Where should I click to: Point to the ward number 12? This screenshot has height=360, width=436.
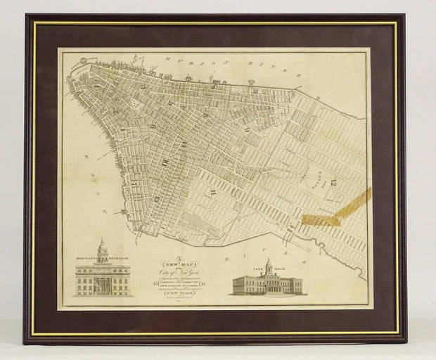[333, 183]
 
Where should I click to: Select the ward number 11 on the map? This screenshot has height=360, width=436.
[212, 192]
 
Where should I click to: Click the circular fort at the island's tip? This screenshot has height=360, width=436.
[83, 62]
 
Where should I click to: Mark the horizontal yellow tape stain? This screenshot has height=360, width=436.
[320, 220]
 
